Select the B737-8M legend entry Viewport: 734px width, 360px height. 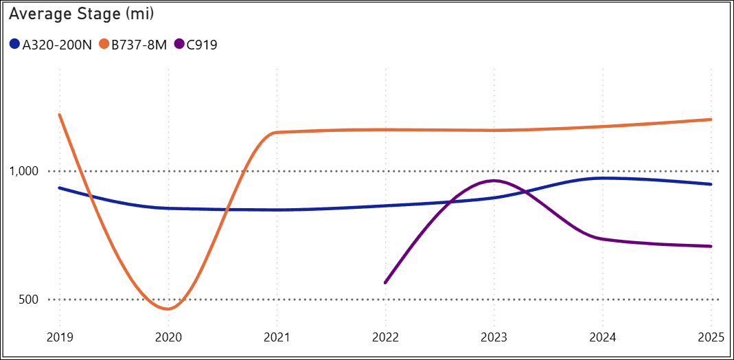click(x=137, y=45)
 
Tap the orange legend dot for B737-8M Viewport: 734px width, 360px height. click(x=104, y=45)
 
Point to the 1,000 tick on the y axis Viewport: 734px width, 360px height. click(x=24, y=171)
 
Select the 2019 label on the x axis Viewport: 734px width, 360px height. click(x=60, y=338)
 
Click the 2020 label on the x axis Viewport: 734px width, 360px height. click(x=168, y=338)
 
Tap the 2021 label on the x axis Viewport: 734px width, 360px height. click(x=277, y=338)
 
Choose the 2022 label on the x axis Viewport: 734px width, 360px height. click(x=385, y=338)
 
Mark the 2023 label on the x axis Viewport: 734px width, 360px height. click(x=494, y=338)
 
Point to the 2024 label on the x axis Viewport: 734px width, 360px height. click(x=602, y=338)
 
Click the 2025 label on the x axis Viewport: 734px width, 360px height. click(x=711, y=338)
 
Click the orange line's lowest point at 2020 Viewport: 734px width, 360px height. click(x=168, y=309)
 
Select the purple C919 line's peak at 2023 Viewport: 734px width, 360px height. click(x=494, y=181)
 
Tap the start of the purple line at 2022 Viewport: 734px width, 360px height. click(x=385, y=282)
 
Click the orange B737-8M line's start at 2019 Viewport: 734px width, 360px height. click(x=60, y=115)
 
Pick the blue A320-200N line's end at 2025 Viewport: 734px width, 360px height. click(x=711, y=184)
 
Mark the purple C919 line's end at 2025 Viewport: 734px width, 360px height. click(x=711, y=246)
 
